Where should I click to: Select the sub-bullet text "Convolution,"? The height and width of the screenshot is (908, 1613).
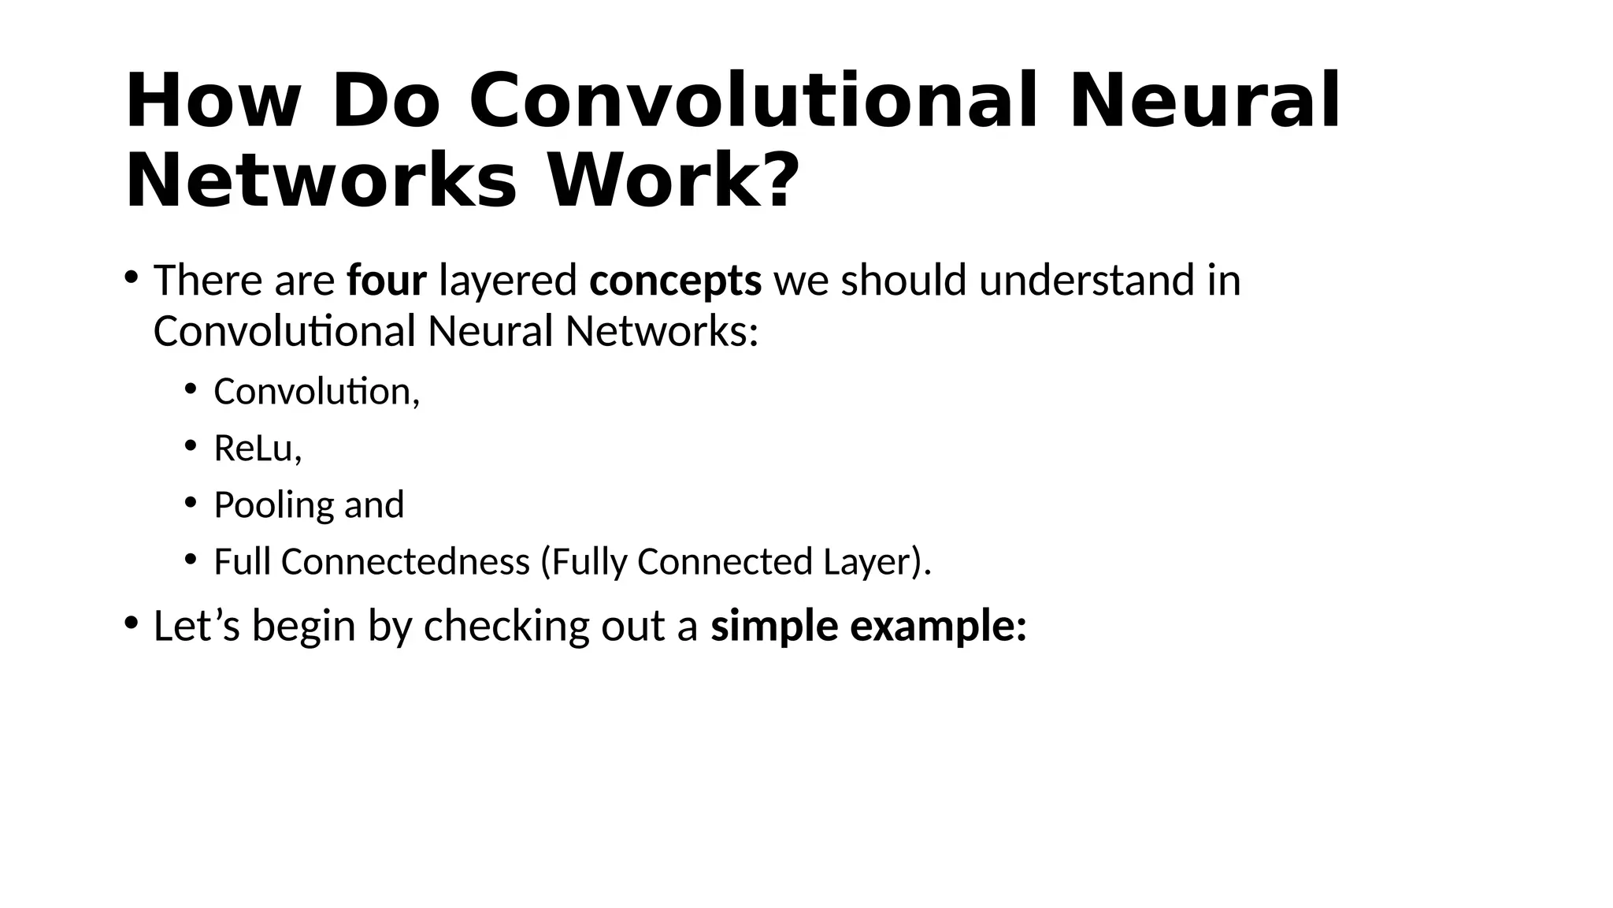click(x=317, y=392)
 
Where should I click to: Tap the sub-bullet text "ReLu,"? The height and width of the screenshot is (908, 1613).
click(x=258, y=448)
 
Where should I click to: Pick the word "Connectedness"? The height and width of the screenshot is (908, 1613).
click(x=405, y=562)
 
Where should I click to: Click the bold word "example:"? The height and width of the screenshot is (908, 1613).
click(x=939, y=626)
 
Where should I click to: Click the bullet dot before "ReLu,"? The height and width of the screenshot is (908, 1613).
click(x=190, y=445)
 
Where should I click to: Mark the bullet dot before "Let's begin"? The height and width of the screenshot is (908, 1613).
click(x=131, y=623)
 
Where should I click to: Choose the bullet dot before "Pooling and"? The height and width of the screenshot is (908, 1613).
click(x=190, y=502)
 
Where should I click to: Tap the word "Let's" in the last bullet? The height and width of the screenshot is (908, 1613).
click(x=196, y=626)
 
